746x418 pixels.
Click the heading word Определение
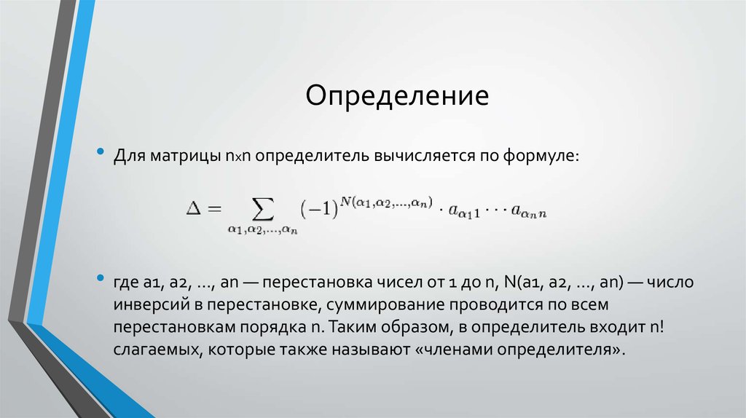click(396, 95)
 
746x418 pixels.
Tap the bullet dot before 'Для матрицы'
click(101, 154)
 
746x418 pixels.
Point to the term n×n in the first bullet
click(238, 157)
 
